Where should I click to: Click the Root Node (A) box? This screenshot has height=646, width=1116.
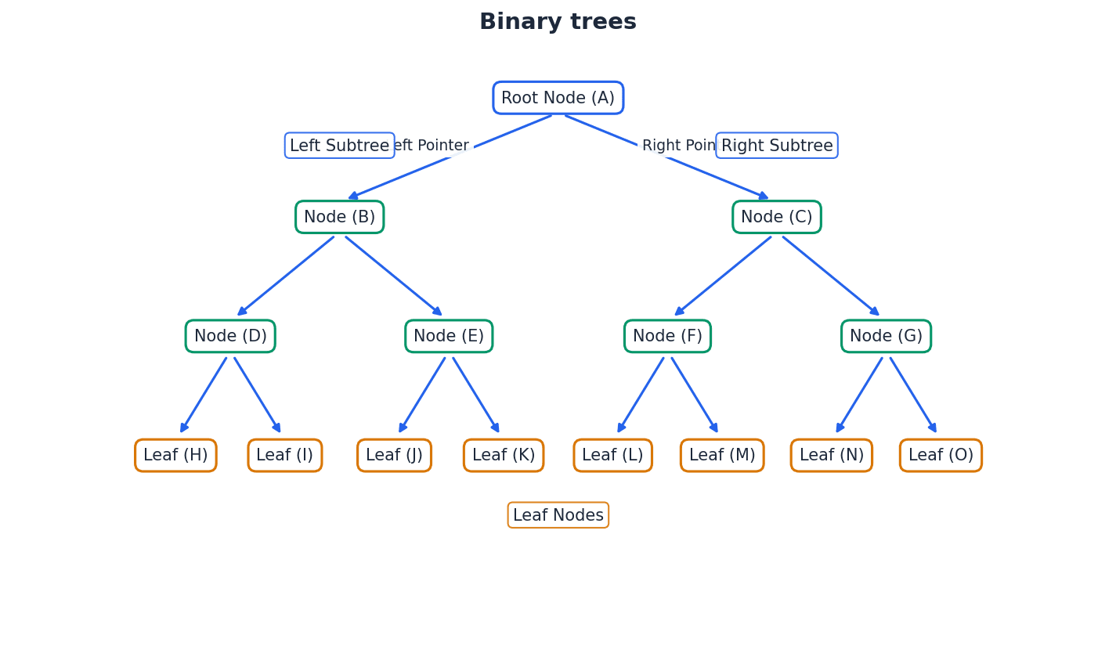click(558, 98)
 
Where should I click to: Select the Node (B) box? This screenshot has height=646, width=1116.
click(339, 217)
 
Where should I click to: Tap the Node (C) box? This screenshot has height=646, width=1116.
click(776, 217)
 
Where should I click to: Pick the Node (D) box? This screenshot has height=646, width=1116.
click(230, 336)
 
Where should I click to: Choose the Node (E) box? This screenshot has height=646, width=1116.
click(449, 336)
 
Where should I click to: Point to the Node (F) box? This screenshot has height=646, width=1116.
click(667, 336)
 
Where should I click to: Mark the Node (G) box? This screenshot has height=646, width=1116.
click(886, 336)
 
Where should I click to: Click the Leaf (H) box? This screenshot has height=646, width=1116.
click(175, 455)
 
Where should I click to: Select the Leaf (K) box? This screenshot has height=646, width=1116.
click(504, 455)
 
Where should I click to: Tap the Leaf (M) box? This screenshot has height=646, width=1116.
click(722, 455)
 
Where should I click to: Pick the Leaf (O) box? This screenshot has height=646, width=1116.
click(941, 455)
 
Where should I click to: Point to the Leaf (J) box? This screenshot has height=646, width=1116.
click(394, 455)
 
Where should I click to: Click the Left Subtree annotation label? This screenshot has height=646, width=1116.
click(339, 146)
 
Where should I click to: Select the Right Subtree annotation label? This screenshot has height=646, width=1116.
click(776, 146)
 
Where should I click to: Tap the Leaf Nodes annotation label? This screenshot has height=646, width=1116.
click(558, 515)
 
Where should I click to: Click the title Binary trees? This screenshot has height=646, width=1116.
click(558, 22)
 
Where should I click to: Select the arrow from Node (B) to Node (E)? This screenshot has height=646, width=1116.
click(393, 276)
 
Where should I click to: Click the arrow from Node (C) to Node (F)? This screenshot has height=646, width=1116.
click(723, 276)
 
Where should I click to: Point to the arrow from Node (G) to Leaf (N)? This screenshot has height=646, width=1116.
click(859, 395)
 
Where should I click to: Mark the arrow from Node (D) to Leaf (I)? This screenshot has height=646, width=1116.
click(257, 395)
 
